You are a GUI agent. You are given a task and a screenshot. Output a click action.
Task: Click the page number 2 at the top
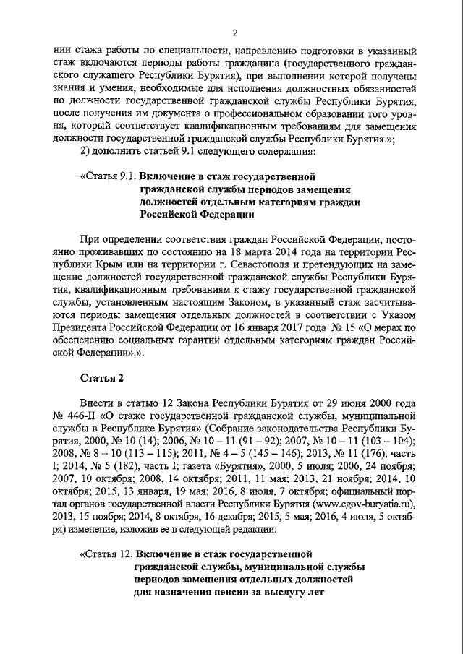pos(235,32)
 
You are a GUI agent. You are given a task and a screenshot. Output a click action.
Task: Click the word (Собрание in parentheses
pos(228,429)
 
